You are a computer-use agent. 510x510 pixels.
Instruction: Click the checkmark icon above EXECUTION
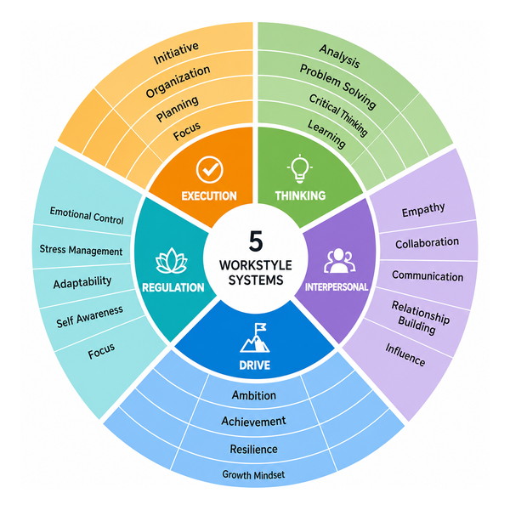210,169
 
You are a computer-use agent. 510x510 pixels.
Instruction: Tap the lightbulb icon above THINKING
300,169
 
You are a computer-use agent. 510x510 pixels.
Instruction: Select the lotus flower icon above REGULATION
172,261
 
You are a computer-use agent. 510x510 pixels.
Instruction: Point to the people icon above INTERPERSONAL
339,261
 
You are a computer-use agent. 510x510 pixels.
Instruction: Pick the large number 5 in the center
256,241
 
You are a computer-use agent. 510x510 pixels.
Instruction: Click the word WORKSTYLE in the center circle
256,265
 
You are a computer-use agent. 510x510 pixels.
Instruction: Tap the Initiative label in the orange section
176,53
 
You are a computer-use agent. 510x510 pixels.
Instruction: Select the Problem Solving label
338,86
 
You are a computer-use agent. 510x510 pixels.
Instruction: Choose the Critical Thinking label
338,115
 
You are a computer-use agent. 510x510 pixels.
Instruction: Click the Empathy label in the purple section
423,210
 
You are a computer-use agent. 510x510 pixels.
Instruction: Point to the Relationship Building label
420,318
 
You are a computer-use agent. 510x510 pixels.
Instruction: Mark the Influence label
405,354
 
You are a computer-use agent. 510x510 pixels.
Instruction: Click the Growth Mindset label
253,474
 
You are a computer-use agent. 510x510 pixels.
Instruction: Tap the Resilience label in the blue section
253,449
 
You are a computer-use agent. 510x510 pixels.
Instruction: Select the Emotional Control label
87,216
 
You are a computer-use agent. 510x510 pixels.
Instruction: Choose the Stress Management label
81,250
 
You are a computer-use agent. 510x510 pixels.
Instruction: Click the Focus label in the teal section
101,351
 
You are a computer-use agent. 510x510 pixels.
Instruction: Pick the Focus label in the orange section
187,131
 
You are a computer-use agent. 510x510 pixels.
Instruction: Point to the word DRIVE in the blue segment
255,365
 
